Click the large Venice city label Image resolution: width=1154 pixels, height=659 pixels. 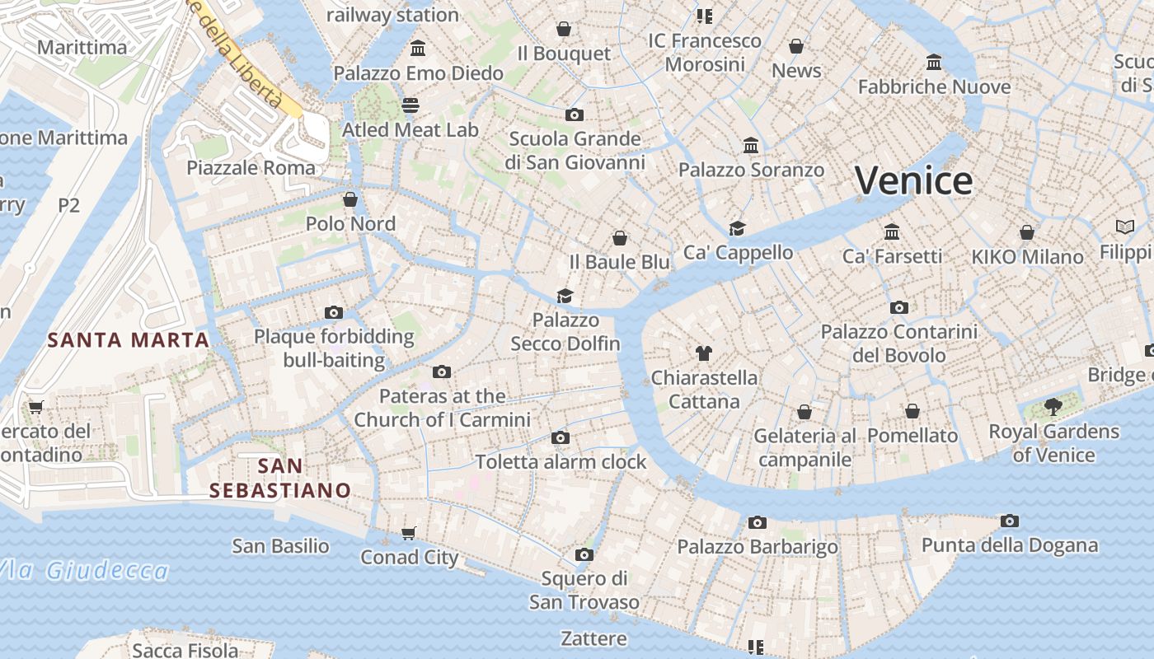click(x=913, y=180)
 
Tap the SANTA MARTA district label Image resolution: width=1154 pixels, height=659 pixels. click(x=128, y=339)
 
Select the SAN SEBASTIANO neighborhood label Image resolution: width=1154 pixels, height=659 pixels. click(x=280, y=479)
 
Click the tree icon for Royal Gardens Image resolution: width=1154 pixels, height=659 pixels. click(x=1053, y=406)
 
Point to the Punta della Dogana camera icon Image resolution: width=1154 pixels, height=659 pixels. click(x=1009, y=521)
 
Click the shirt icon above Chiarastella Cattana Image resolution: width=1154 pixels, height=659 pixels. click(x=703, y=353)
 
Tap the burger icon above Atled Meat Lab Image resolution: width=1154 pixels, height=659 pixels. click(x=410, y=105)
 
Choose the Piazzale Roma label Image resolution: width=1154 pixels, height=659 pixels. click(x=251, y=168)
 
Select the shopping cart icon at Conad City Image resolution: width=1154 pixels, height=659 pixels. click(x=408, y=533)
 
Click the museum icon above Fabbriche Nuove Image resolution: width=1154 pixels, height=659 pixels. click(x=934, y=62)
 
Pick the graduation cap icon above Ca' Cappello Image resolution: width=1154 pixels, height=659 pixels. click(x=737, y=228)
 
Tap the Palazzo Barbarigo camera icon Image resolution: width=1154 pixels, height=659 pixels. click(x=757, y=522)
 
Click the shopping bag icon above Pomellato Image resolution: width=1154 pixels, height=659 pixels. click(x=912, y=410)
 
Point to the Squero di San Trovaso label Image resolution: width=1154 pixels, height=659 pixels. click(x=584, y=590)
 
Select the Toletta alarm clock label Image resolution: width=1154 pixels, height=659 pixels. click(x=561, y=462)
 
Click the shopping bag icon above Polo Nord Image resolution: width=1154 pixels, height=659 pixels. click(x=350, y=199)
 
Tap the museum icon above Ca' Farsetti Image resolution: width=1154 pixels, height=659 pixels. click(x=892, y=231)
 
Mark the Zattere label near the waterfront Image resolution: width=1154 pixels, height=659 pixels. click(x=593, y=638)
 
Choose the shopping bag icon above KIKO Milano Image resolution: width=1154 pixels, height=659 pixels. click(x=1026, y=232)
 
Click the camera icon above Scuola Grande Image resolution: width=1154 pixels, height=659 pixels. click(x=575, y=115)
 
